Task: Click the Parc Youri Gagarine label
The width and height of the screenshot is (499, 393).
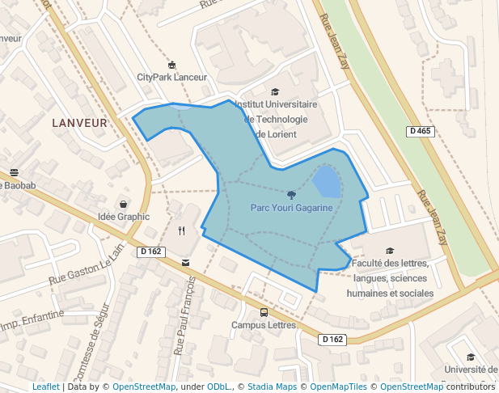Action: [291, 208]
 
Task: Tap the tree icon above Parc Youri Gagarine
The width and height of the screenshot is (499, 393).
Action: [291, 194]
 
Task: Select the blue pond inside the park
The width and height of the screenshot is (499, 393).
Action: [327, 183]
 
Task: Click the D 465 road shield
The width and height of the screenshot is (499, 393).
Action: [421, 131]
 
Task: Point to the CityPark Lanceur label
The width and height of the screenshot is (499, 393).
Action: [171, 78]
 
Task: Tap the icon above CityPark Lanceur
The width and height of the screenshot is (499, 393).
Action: [171, 65]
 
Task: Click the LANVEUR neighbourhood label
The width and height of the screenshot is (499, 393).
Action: [79, 123]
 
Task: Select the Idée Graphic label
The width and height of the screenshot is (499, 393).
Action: [124, 217]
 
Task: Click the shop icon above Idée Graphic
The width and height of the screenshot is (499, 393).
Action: [123, 204]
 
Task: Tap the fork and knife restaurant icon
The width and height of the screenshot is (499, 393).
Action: [181, 230]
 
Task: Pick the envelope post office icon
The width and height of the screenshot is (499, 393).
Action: [186, 262]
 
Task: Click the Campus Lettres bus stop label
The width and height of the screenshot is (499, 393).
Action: [264, 326]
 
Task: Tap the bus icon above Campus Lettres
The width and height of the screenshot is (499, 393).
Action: [264, 312]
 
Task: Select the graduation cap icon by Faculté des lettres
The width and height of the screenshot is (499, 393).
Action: [391, 251]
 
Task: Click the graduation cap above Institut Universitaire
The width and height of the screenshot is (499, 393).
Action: [275, 92]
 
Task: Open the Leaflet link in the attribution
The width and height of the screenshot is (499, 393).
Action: [46, 387]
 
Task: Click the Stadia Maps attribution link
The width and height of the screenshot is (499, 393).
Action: [272, 387]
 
